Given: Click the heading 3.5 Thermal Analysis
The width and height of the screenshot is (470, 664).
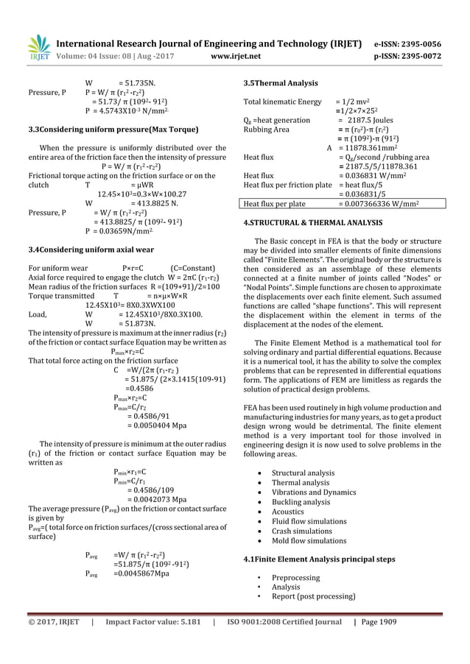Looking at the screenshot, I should [x=281, y=83].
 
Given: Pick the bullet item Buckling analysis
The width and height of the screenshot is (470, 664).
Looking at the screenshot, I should [x=301, y=502].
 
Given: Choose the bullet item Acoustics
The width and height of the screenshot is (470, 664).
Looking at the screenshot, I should [x=287, y=512].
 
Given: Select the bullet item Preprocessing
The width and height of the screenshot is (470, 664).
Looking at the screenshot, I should [x=295, y=578].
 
